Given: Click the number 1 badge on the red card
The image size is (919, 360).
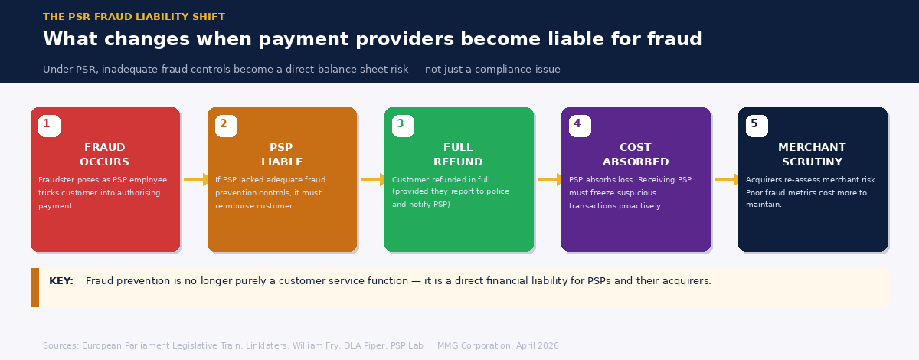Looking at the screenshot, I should click(49, 126).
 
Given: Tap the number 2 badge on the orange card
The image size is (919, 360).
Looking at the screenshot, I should click(226, 126).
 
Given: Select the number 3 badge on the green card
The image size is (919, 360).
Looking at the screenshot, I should click(403, 126).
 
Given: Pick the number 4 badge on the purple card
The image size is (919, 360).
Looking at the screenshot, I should click(580, 126).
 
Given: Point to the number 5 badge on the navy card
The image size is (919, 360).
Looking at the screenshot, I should click(757, 126).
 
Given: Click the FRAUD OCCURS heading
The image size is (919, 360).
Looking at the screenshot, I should click(105, 155).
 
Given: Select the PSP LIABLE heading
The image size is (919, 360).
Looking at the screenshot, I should click(282, 155).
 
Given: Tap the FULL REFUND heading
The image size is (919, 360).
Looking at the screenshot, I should click(459, 155).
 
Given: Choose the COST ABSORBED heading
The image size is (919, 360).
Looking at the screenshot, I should click(636, 155).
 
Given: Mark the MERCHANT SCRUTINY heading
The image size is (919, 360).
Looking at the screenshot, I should click(813, 155).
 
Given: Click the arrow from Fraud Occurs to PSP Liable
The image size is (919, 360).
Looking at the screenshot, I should click(197, 180).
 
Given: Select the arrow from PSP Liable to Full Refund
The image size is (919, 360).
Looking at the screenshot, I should click(374, 180).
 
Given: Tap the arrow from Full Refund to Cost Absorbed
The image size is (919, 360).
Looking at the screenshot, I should click(551, 180).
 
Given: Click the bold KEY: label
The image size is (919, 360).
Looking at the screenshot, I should click(61, 281).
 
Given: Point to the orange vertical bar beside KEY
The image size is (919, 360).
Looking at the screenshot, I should click(34, 287).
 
